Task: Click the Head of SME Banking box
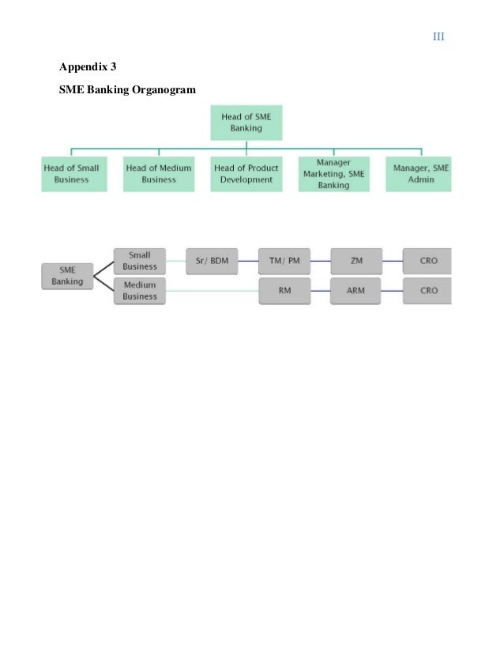pyautogui.click(x=246, y=123)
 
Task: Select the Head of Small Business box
pyautogui.click(x=72, y=174)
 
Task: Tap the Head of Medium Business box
pyautogui.click(x=159, y=174)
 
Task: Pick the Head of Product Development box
pyautogui.click(x=246, y=174)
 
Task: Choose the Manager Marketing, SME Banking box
pyautogui.click(x=333, y=174)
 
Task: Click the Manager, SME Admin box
pyautogui.click(x=419, y=174)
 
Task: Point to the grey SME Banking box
pyautogui.click(x=67, y=276)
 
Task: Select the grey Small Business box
pyautogui.click(x=139, y=261)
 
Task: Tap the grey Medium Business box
pyautogui.click(x=139, y=291)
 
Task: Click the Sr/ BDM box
pyautogui.click(x=212, y=261)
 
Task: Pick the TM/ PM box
pyautogui.click(x=284, y=261)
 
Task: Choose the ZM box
pyautogui.click(x=356, y=261)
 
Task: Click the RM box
pyautogui.click(x=284, y=291)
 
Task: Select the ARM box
pyautogui.click(x=356, y=291)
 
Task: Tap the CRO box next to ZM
pyautogui.click(x=427, y=261)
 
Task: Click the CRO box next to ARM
pyautogui.click(x=427, y=291)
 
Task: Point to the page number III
pyautogui.click(x=438, y=37)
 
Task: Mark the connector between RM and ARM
pyautogui.click(x=320, y=291)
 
